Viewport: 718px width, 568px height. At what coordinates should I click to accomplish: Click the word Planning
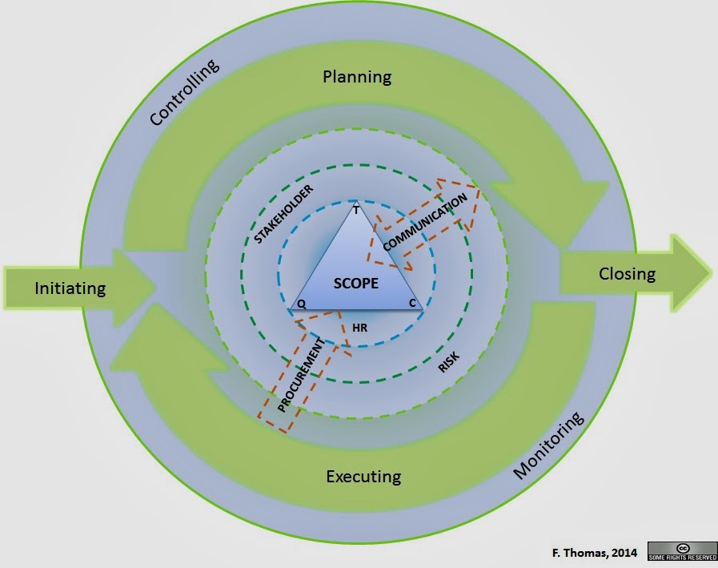(357, 77)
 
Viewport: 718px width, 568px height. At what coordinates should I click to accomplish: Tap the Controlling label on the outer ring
(185, 92)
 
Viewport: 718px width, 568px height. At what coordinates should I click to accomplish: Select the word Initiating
(70, 288)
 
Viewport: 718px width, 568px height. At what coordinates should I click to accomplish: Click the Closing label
(627, 274)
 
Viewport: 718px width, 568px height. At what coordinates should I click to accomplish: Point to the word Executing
(363, 477)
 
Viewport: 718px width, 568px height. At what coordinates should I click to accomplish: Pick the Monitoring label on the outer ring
(548, 445)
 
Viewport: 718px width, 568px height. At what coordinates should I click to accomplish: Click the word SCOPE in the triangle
(355, 284)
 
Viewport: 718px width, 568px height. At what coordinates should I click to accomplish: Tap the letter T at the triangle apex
(355, 211)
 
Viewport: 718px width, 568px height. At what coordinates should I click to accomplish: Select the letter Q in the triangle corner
(301, 304)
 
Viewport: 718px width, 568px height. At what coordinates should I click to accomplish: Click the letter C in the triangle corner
(412, 303)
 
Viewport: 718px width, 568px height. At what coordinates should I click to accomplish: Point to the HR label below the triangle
(359, 328)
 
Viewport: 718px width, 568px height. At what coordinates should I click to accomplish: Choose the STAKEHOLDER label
(283, 214)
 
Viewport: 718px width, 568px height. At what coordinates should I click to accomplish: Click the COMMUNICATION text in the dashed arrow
(425, 222)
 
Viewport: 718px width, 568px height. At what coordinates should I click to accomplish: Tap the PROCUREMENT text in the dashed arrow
(301, 375)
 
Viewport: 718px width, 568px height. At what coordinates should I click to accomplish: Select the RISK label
(449, 363)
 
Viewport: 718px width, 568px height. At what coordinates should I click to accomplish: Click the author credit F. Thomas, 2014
(595, 553)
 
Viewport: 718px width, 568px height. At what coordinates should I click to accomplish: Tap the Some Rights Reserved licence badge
(682, 551)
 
